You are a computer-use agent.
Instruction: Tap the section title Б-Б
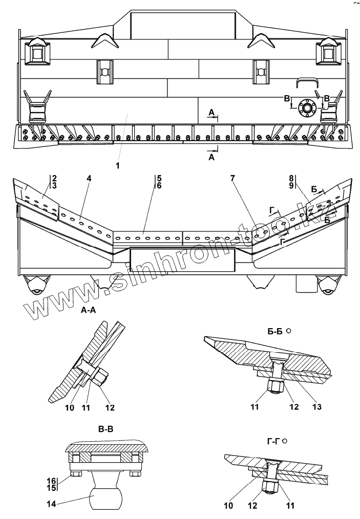[x=275, y=331]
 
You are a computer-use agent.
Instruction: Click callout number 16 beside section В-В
[x=52, y=481]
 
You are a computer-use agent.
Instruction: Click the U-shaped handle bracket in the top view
[x=307, y=83]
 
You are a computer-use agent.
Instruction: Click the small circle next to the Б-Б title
[x=289, y=331]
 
